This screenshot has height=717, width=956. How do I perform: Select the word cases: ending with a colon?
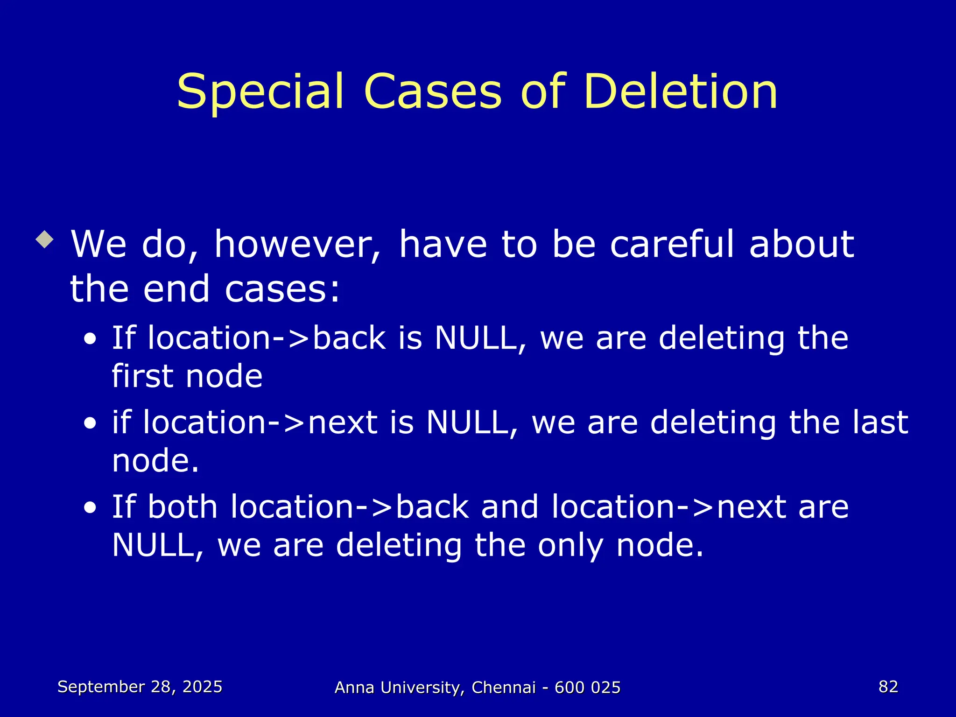282,289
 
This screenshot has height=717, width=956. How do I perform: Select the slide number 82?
888,687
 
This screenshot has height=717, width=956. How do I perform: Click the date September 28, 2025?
140,687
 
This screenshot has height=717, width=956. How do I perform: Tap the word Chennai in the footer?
504,688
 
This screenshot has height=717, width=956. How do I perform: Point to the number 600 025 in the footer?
588,688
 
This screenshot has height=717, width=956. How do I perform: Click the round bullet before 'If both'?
90,508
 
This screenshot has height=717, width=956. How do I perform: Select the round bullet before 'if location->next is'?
90,423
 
